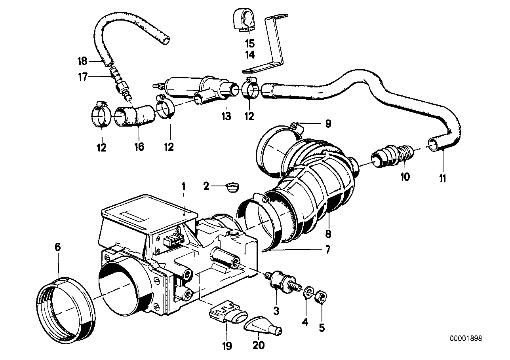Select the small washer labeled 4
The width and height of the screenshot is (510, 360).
click(307, 293)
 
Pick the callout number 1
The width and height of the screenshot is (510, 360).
click(183, 185)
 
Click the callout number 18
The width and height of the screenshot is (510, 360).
click(82, 61)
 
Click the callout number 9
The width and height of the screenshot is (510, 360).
click(327, 124)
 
